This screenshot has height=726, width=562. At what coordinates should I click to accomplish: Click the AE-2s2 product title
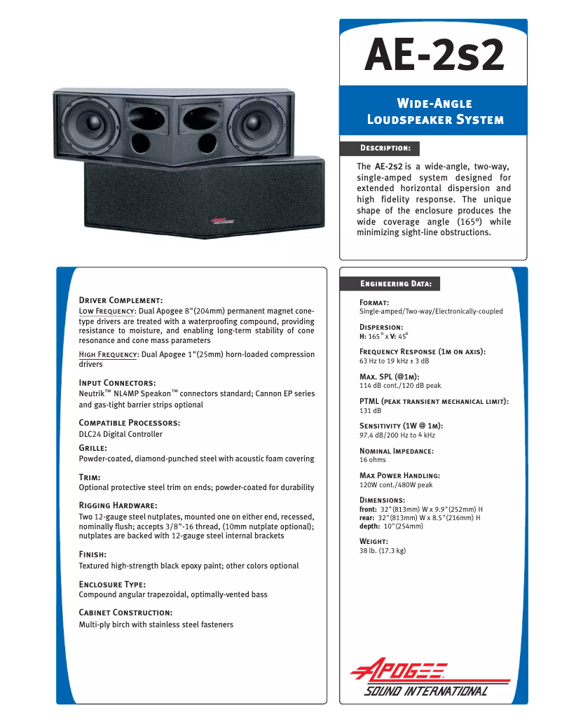click(x=434, y=55)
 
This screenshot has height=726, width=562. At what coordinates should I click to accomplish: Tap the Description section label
click(x=385, y=148)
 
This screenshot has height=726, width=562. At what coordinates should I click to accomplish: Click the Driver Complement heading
click(x=121, y=300)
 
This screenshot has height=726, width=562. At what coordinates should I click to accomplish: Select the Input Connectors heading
click(x=117, y=383)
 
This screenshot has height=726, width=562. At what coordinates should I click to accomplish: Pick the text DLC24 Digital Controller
click(x=121, y=434)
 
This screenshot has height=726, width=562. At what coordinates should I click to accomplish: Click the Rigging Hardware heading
click(x=118, y=505)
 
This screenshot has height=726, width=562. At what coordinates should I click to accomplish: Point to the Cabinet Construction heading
click(x=125, y=613)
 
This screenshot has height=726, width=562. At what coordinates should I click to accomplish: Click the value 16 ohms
click(x=372, y=460)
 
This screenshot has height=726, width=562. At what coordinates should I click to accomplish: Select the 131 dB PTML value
click(x=370, y=410)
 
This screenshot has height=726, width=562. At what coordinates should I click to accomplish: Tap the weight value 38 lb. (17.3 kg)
click(x=382, y=551)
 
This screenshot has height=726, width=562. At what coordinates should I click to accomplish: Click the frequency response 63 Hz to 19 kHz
click(x=394, y=361)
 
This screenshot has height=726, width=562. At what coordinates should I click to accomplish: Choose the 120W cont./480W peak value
click(x=396, y=484)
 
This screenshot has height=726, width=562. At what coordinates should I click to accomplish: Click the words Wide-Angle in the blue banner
click(x=434, y=104)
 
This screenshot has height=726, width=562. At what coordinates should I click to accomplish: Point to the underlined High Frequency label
click(x=108, y=354)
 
